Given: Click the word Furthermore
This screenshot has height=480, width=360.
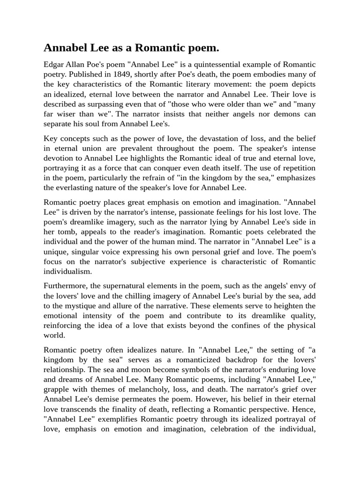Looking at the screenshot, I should pos(66,286).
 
